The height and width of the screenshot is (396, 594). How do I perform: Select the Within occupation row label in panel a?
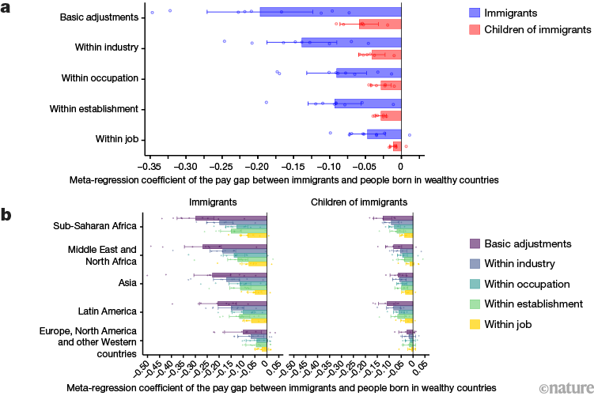pyautogui.click(x=106, y=78)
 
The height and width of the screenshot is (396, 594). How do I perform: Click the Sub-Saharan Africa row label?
pyautogui.click(x=98, y=225)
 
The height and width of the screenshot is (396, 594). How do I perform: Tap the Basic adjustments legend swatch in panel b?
pyautogui.click(x=475, y=243)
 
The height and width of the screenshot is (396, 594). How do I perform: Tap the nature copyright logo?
pyautogui.click(x=565, y=387)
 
